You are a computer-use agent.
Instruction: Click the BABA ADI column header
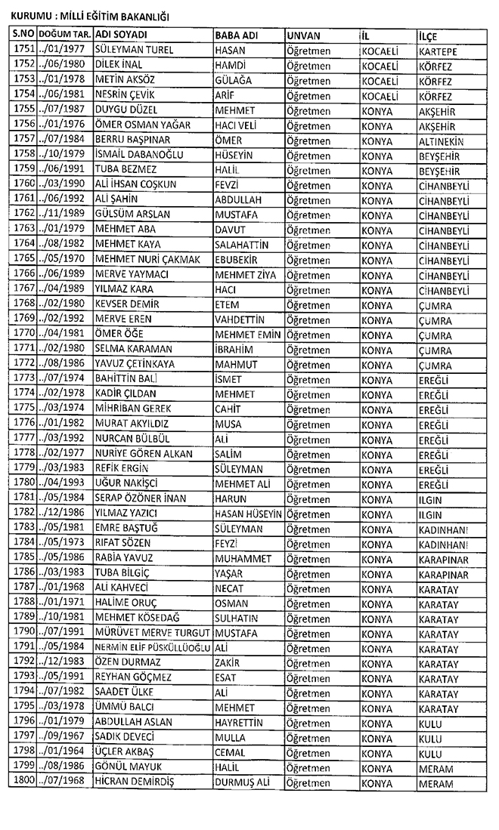tap(234, 36)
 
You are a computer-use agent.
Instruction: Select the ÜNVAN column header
tap(304, 36)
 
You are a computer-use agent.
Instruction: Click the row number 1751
tap(25, 51)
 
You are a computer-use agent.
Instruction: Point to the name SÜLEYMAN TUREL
tap(134, 51)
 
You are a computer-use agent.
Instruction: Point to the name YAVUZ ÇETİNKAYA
tap(135, 363)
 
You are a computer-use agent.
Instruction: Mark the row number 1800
tap(25, 782)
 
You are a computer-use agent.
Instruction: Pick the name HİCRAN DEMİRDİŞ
tap(135, 782)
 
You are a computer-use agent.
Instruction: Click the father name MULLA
tap(229, 737)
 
